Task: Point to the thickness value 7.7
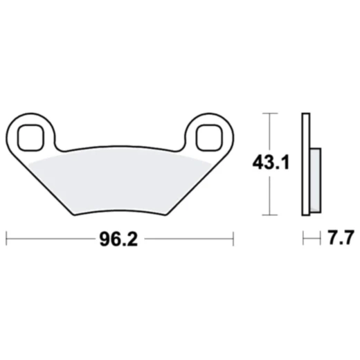pyautogui.click(x=339, y=240)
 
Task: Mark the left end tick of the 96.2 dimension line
pyautogui.click(x=7, y=240)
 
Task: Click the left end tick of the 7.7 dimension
pyautogui.click(x=303, y=240)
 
